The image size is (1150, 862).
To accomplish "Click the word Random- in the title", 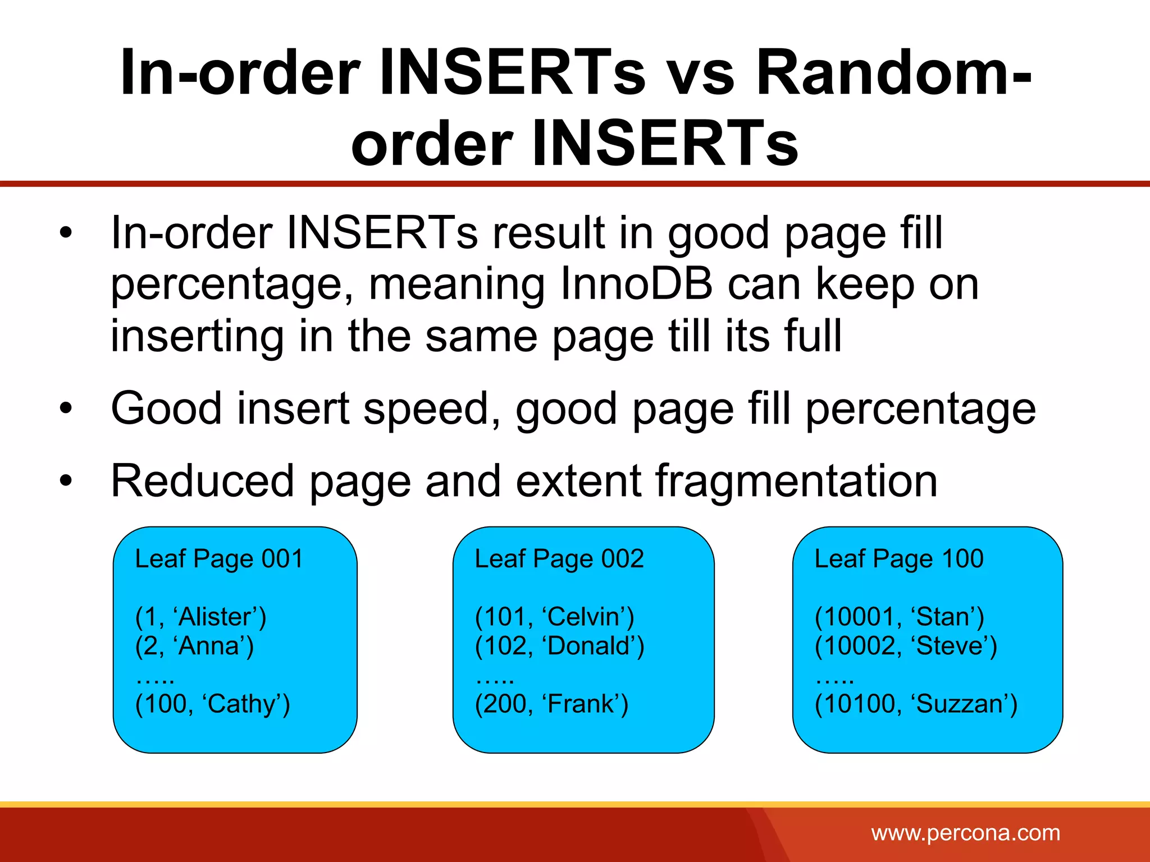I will pyautogui.click(x=893, y=73).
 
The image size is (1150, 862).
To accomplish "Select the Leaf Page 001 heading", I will pyautogui.click(x=219, y=559).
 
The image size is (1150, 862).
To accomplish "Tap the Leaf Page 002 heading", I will pyautogui.click(x=559, y=559).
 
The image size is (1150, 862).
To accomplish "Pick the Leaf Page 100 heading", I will pyautogui.click(x=899, y=559).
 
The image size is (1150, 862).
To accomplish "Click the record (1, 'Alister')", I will pyautogui.click(x=200, y=617).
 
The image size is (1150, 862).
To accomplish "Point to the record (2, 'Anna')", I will pyautogui.click(x=194, y=646).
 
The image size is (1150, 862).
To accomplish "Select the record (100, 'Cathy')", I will pyautogui.click(x=212, y=704).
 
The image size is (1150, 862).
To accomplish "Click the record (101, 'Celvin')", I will pyautogui.click(x=554, y=617).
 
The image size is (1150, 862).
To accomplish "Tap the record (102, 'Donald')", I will pyautogui.click(x=559, y=646).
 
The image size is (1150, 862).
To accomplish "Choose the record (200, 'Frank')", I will pyautogui.click(x=551, y=704).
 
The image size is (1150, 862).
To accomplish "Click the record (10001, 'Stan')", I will pyautogui.click(x=899, y=617).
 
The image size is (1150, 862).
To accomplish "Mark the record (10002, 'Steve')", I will pyautogui.click(x=906, y=646).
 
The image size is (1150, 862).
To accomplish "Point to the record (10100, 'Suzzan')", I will pyautogui.click(x=916, y=704).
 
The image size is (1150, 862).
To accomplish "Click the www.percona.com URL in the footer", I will pyautogui.click(x=965, y=833).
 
